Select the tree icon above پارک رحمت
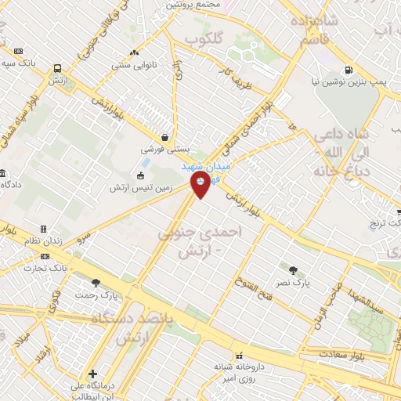point(96,282)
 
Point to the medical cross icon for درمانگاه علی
point(92,374)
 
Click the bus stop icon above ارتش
point(57,69)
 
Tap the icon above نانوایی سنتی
point(135,52)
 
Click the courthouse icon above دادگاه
point(3,172)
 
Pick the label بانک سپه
point(19,63)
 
